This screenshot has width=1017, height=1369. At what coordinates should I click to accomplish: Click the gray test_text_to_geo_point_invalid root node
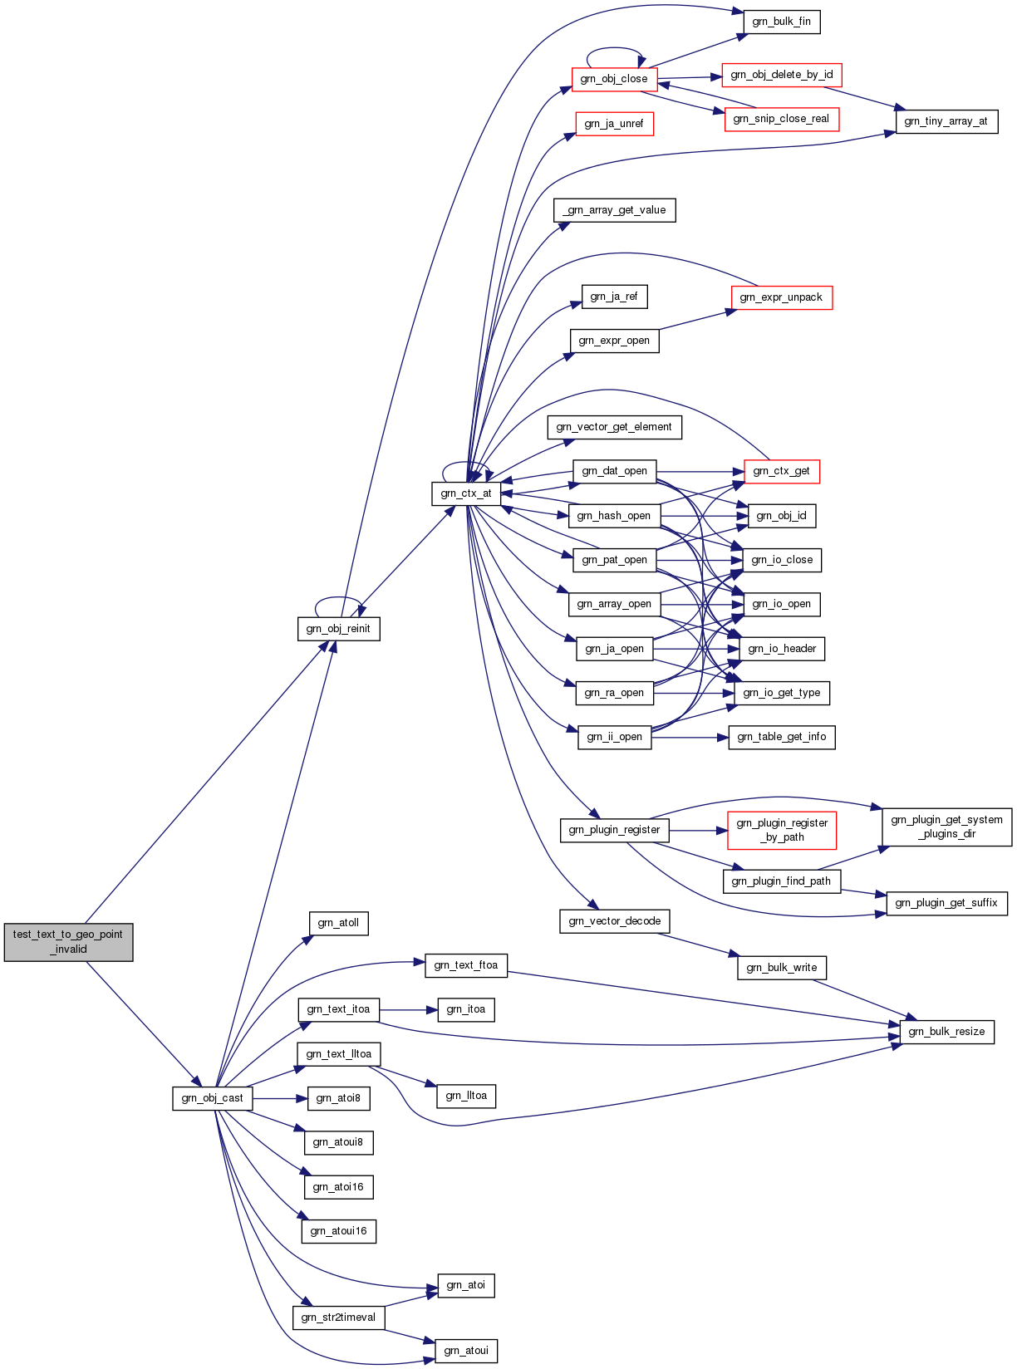coord(68,942)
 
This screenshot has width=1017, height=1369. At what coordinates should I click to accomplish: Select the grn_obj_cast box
coord(213,1098)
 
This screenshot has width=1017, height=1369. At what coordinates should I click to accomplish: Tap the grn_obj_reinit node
coord(338,629)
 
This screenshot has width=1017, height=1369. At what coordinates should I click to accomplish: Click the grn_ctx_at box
coord(466,493)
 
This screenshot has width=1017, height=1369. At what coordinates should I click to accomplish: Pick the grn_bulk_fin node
coord(782,22)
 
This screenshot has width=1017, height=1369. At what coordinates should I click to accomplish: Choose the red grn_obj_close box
coord(614,79)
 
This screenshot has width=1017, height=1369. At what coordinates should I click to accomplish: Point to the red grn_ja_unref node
coord(614,124)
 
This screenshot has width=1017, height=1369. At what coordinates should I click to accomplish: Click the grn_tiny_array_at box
coord(946,121)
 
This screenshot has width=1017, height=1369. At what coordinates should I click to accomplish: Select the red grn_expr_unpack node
coord(782,297)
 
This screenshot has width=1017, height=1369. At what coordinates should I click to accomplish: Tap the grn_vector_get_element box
coord(614,427)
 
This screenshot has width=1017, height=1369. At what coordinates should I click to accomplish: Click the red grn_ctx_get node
coord(782,472)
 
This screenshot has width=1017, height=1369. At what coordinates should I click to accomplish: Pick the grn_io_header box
coord(782,649)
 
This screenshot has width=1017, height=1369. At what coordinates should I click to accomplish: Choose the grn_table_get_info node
coord(782,737)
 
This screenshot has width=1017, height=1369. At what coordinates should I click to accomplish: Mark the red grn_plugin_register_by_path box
coord(782,830)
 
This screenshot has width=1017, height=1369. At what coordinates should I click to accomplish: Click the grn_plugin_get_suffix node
coord(946,903)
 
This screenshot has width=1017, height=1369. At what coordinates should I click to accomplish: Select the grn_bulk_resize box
coord(946,1032)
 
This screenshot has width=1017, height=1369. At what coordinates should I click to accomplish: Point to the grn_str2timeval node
coord(338,1317)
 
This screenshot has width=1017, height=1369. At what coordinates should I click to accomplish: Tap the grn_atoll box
coord(338,923)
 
